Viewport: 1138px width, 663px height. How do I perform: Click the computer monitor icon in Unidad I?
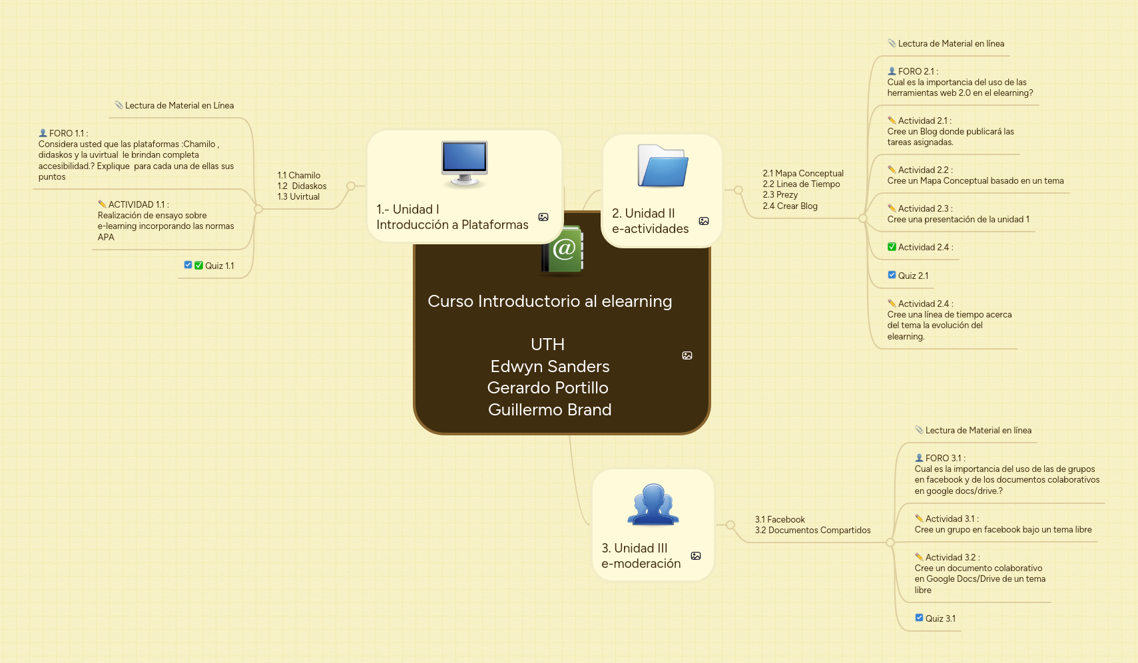[x=464, y=162]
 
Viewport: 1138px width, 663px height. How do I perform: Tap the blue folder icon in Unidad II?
[x=663, y=166]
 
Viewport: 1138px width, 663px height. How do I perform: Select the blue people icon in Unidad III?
[x=653, y=504]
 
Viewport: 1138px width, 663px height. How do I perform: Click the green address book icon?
[x=563, y=250]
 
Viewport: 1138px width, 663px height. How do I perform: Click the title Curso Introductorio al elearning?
[x=549, y=302]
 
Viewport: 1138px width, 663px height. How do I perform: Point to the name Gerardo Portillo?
[x=547, y=388]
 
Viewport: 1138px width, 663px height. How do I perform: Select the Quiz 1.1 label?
[x=219, y=266]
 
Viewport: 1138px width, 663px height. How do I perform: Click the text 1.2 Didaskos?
[x=302, y=186]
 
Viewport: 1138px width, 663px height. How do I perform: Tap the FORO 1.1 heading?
[x=68, y=134]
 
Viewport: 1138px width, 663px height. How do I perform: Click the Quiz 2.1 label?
[x=912, y=276]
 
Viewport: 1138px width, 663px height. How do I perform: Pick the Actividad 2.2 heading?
[x=924, y=170]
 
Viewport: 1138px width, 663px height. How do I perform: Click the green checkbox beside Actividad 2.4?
[x=892, y=247]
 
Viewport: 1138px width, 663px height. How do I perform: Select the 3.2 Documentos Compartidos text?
[x=812, y=531]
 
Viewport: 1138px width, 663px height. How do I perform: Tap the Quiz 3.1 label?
[x=940, y=619]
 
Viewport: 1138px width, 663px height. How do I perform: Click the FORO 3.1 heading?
[x=944, y=459]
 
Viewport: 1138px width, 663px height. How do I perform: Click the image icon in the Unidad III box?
[x=696, y=556]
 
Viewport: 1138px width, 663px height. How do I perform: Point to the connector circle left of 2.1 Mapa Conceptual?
[x=738, y=190]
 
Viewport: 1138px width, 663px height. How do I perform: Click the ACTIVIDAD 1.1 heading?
[x=138, y=205]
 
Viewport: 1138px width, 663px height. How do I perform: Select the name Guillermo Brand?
[x=549, y=410]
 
